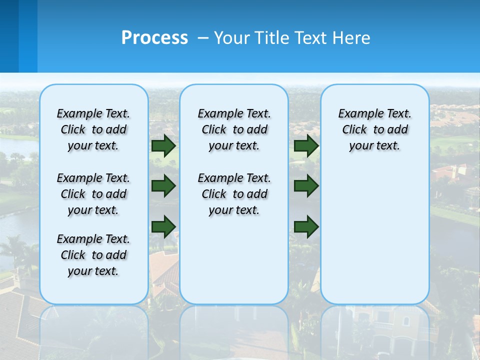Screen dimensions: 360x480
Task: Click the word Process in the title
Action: pyautogui.click(x=154, y=38)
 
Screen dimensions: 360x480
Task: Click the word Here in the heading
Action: pyautogui.click(x=353, y=38)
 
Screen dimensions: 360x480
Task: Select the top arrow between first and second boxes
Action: pyautogui.click(x=163, y=145)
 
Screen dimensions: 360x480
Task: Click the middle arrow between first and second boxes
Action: pyautogui.click(x=163, y=186)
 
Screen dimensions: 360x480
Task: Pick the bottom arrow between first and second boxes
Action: pyautogui.click(x=163, y=226)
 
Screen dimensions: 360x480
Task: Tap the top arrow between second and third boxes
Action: pyautogui.click(x=306, y=145)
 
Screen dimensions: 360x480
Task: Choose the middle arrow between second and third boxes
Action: pyautogui.click(x=306, y=186)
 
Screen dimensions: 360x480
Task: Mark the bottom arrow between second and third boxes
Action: pyautogui.click(x=306, y=226)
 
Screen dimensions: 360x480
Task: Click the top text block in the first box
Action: pyautogui.click(x=93, y=129)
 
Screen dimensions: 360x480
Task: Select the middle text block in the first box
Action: pyautogui.click(x=93, y=194)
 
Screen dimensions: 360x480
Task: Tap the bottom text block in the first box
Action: pyautogui.click(x=93, y=255)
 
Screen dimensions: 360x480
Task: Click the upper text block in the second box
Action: pyautogui.click(x=234, y=129)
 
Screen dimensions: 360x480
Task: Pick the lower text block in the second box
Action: pyautogui.click(x=234, y=194)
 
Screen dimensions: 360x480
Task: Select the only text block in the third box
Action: pyautogui.click(x=375, y=129)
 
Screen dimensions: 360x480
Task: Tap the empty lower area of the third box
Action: pyautogui.click(x=375, y=235)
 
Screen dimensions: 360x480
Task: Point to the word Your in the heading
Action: pyautogui.click(x=232, y=38)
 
